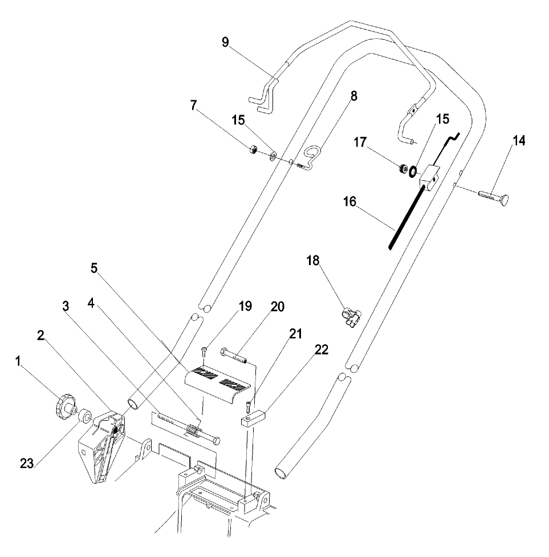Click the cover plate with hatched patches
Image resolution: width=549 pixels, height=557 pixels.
coord(217,384)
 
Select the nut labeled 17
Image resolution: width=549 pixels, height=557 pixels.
coord(402,169)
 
